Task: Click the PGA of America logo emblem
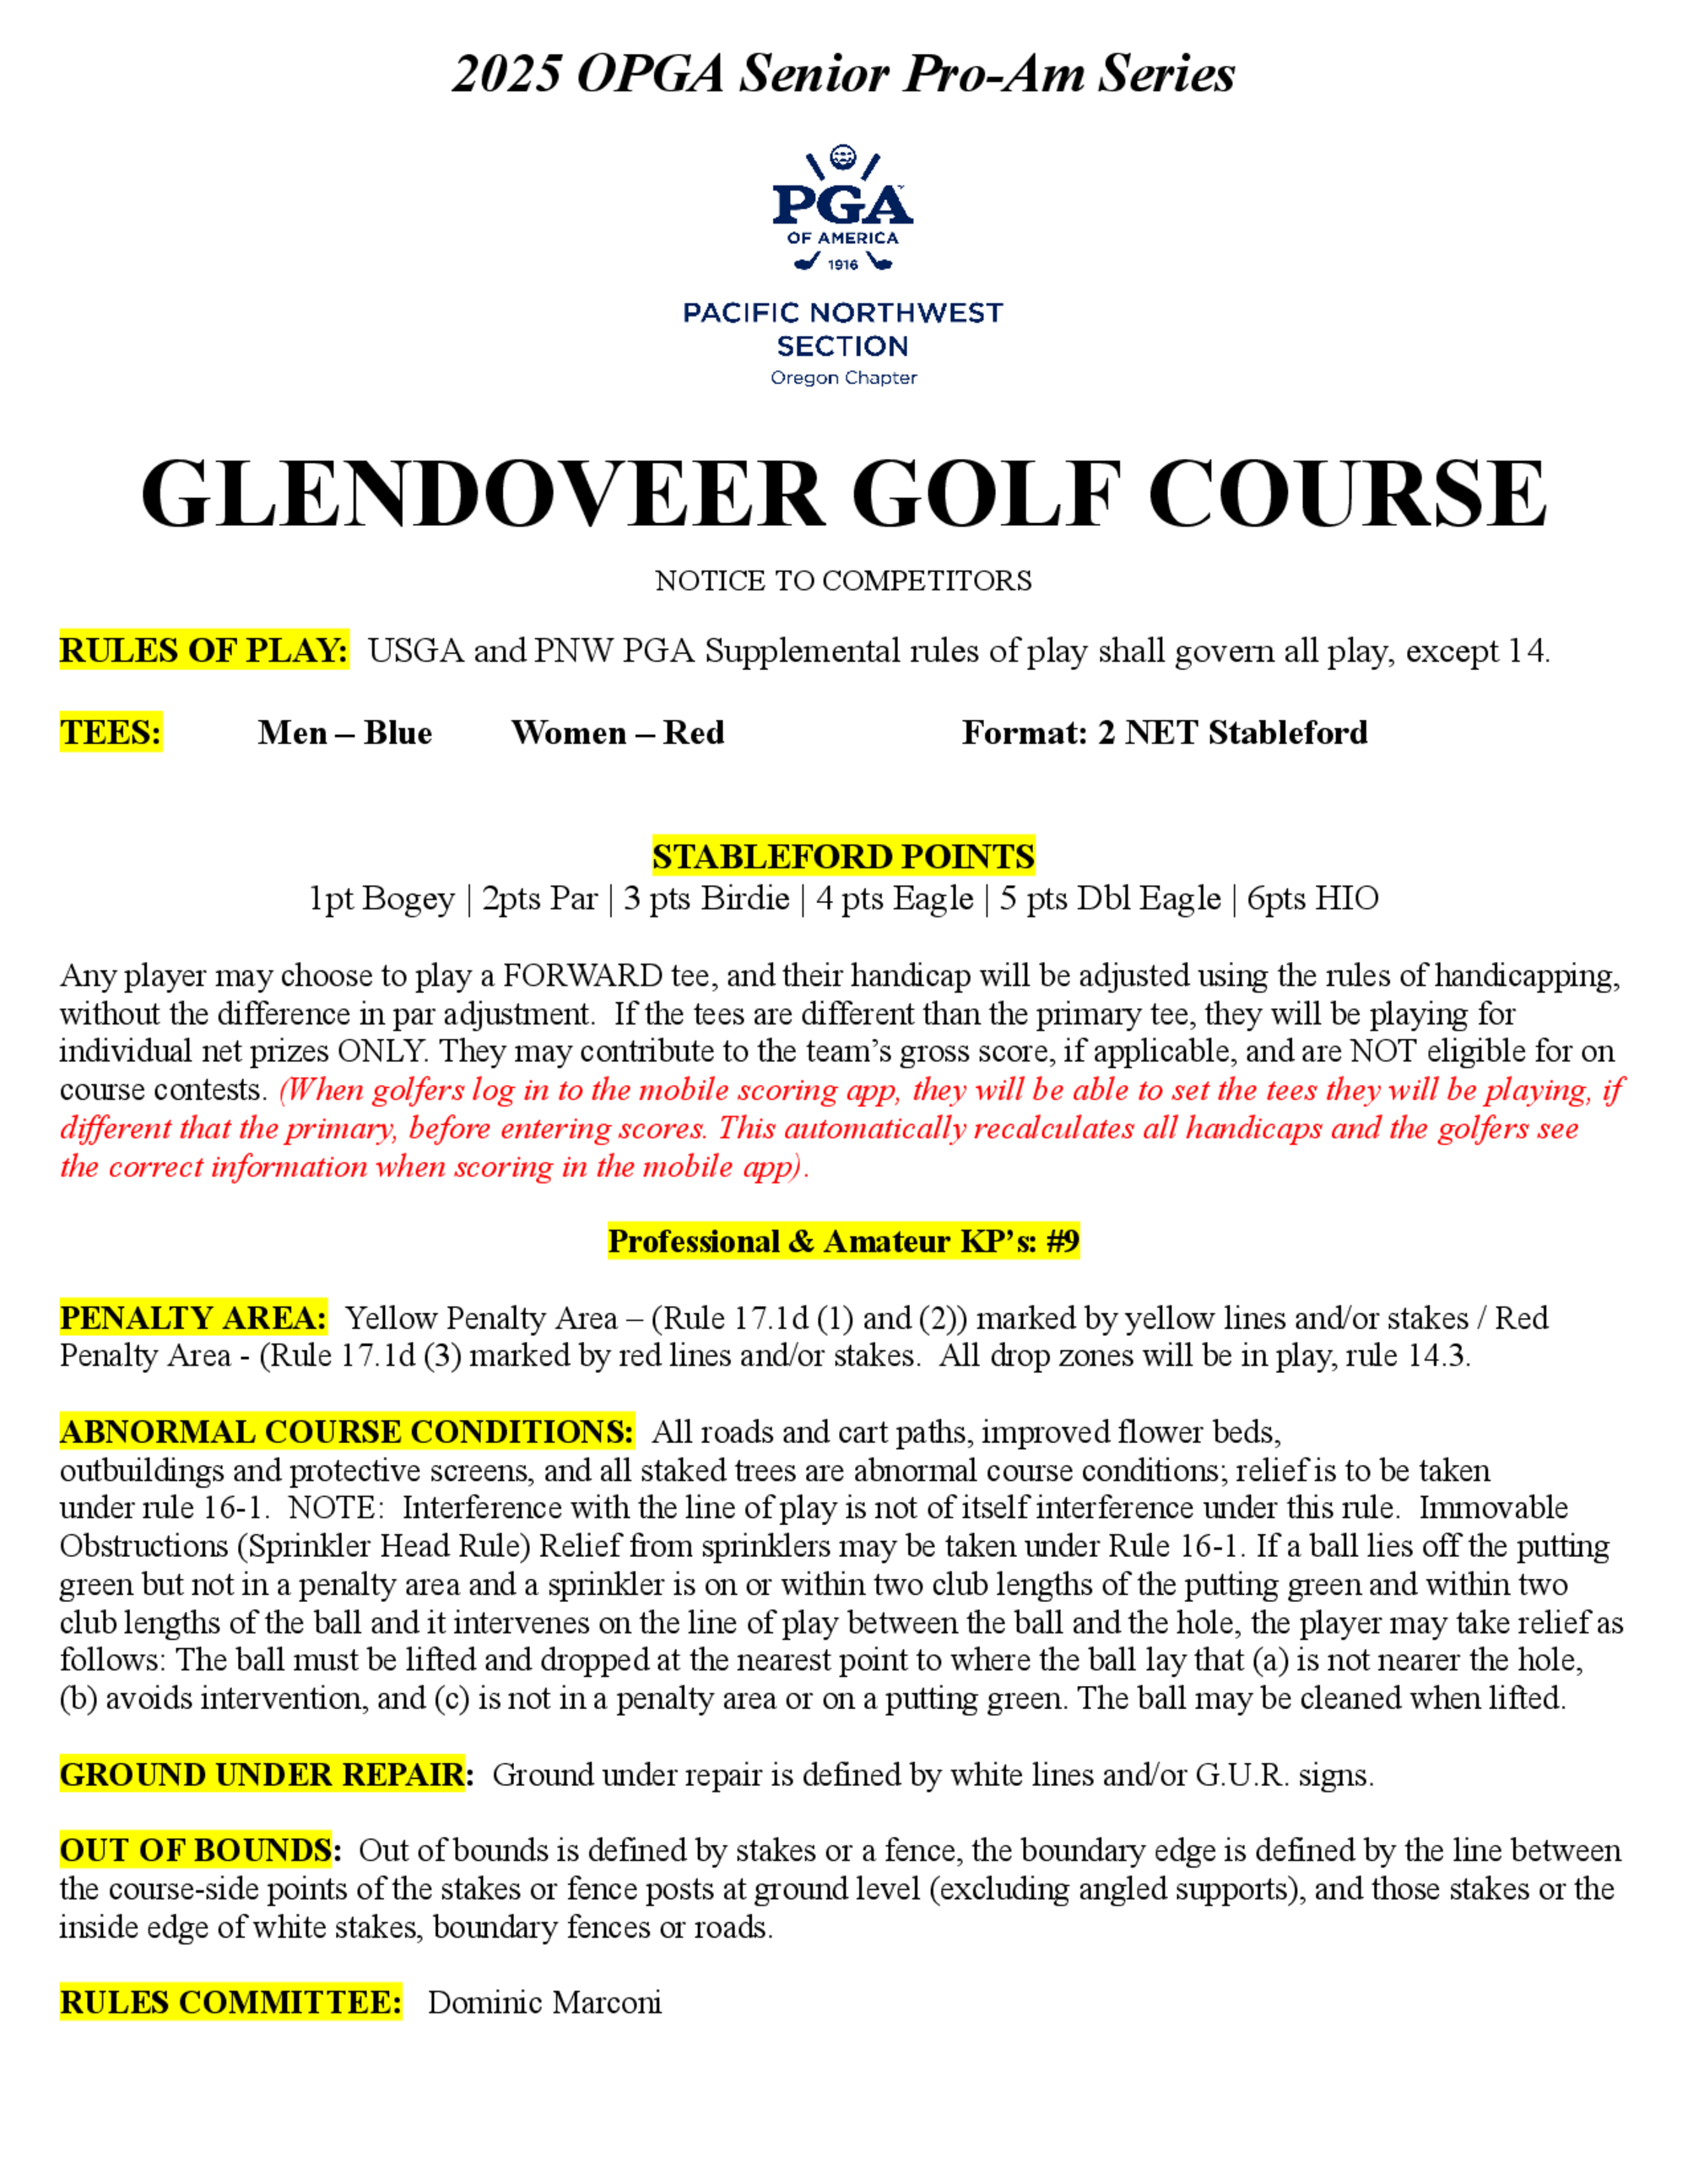(843, 208)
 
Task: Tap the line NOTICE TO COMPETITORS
(843, 581)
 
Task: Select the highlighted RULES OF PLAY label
(204, 651)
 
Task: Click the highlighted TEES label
(111, 733)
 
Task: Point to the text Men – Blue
(345, 733)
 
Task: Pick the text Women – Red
(617, 733)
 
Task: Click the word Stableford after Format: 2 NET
(1287, 733)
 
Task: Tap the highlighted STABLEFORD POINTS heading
(843, 857)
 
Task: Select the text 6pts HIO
(1312, 899)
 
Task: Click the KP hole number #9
(1062, 1242)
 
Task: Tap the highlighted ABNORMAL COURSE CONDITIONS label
(346, 1432)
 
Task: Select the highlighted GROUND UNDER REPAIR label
(265, 1775)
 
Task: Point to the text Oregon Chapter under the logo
(843, 378)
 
